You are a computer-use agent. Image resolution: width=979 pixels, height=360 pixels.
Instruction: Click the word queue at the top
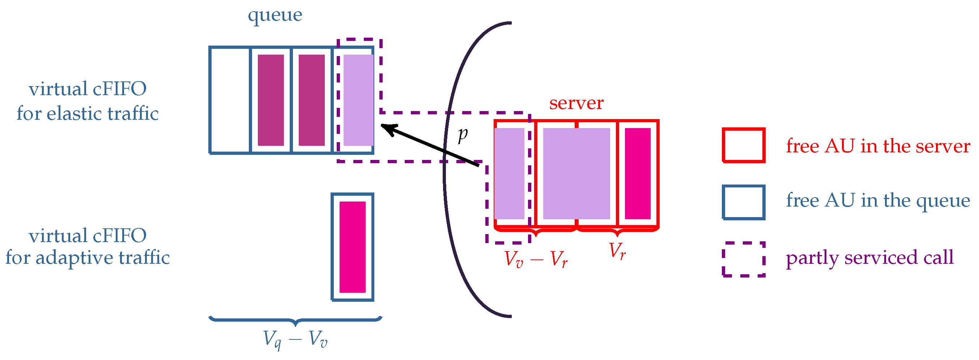click(x=275, y=15)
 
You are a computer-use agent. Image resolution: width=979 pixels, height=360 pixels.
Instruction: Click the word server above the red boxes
click(x=576, y=103)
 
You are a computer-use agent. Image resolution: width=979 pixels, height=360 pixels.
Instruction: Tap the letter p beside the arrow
click(x=463, y=134)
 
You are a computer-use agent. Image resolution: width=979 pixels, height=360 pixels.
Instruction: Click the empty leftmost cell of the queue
click(x=230, y=100)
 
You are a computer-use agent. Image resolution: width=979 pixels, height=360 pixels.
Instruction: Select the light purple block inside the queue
click(x=358, y=100)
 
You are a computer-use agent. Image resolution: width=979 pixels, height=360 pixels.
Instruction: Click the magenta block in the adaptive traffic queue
click(x=352, y=247)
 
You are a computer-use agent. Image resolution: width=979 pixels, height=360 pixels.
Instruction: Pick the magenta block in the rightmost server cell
click(x=637, y=173)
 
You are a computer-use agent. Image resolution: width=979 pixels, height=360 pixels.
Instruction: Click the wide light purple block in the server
click(x=576, y=173)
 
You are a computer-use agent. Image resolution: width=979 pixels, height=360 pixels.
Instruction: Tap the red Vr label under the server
click(x=617, y=251)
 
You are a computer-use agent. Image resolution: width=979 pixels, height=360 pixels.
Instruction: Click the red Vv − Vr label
click(x=536, y=259)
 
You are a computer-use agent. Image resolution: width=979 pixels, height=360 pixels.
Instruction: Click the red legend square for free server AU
click(x=743, y=145)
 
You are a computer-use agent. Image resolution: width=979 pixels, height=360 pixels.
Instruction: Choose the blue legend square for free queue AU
click(x=743, y=202)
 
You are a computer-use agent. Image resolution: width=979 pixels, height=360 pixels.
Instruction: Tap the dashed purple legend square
click(x=743, y=259)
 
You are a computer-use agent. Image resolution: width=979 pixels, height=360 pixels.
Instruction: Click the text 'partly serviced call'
click(x=869, y=258)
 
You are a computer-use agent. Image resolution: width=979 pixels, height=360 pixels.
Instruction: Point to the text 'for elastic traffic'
click(x=88, y=113)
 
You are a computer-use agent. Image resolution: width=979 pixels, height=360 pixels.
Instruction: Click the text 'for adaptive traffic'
click(x=88, y=258)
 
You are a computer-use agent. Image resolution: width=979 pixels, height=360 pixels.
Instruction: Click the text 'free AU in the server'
click(x=878, y=146)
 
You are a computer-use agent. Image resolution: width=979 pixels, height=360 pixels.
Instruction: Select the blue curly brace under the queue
click(x=295, y=320)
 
